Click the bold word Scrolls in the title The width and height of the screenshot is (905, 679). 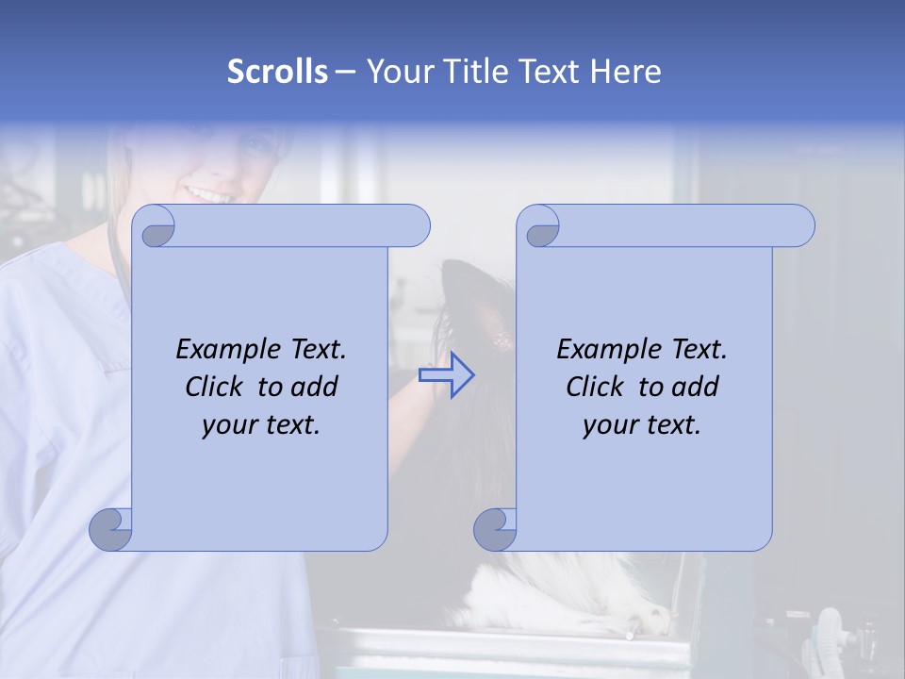277,72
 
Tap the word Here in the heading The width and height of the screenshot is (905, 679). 625,72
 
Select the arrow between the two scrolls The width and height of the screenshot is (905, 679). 447,375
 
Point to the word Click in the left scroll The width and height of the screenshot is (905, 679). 218,387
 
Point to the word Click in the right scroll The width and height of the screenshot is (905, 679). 599,387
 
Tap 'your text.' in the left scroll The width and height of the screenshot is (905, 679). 261,424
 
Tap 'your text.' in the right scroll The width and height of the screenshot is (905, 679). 642,424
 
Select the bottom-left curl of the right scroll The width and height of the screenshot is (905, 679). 495,529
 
